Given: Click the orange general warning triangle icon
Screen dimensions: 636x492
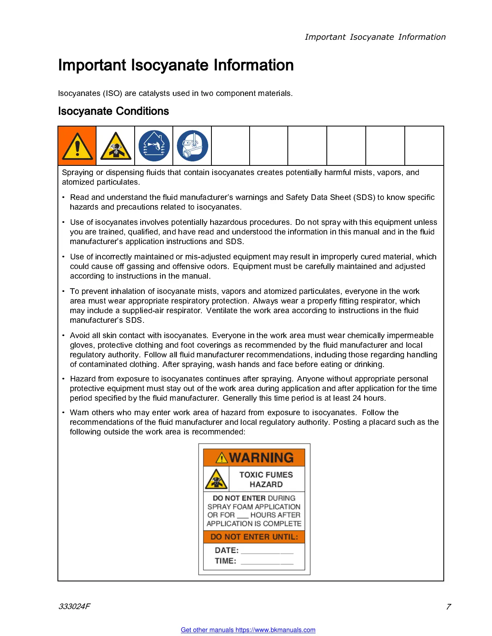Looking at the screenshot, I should tap(77, 146).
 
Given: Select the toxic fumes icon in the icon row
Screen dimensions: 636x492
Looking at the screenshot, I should tap(116, 146).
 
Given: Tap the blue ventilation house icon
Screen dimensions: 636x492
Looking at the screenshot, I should tap(154, 146).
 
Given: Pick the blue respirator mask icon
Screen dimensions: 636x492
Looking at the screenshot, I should tap(193, 146).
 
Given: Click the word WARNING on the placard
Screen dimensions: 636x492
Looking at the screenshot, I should tap(261, 458).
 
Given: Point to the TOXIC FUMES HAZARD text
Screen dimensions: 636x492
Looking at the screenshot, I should tap(266, 479).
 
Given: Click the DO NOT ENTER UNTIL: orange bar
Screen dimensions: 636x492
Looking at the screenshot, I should tap(254, 537).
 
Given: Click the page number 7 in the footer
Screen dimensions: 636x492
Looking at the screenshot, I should tap(448, 607).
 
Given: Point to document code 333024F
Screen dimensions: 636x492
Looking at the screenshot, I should tap(74, 606).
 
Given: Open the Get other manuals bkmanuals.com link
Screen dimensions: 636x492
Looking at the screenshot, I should tap(248, 630).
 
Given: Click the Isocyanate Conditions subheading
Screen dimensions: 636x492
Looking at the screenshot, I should tap(113, 111).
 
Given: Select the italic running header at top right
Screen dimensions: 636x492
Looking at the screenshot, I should tap(375, 37).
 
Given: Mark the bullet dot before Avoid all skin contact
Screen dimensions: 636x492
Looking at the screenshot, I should tap(64, 335).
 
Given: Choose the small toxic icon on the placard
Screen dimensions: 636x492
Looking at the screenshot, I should tap(216, 479).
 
